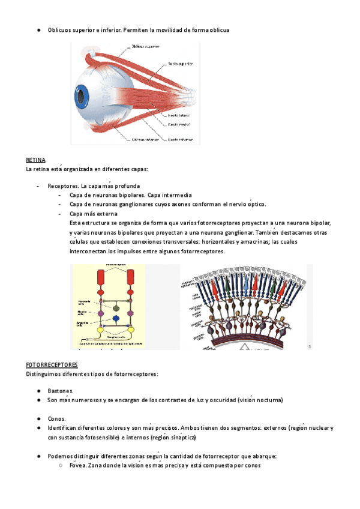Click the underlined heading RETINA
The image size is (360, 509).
35,161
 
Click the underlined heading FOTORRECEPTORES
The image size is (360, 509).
52,365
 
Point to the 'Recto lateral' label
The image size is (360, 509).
179,113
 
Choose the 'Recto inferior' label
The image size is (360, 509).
180,140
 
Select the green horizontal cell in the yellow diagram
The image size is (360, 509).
116,307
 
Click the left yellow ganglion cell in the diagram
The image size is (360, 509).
101,330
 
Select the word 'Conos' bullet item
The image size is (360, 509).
57,418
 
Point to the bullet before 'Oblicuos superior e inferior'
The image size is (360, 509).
38,29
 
